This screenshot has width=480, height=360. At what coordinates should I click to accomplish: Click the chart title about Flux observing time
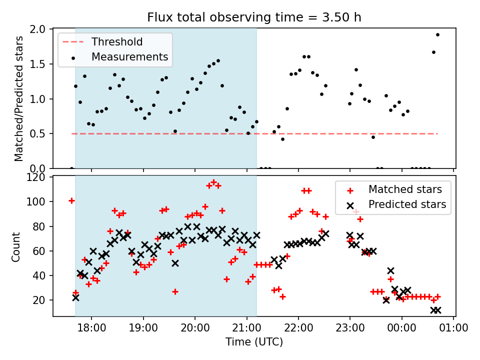pyautogui.click(x=254, y=17)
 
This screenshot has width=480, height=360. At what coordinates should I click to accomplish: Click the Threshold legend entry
pyautogui.click(x=116, y=42)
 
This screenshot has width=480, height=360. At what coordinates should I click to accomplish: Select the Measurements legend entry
pyautogui.click(x=129, y=57)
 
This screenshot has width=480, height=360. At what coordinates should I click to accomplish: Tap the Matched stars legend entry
pyautogui.click(x=405, y=189)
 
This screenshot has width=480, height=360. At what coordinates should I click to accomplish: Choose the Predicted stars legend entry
pyautogui.click(x=407, y=204)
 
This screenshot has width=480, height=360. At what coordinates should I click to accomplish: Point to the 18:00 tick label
pyautogui.click(x=92, y=328)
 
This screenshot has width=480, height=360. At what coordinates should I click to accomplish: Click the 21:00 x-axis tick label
pyautogui.click(x=247, y=328)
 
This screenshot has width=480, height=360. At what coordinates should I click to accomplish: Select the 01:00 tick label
pyautogui.click(x=453, y=328)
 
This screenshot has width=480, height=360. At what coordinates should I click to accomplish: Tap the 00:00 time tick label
pyautogui.click(x=402, y=328)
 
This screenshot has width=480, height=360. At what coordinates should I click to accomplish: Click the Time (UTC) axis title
pyautogui.click(x=254, y=342)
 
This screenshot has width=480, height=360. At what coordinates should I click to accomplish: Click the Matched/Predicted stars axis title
pyautogui.click(x=19, y=98)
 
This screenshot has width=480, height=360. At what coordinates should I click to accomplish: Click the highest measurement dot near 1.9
pyautogui.click(x=437, y=35)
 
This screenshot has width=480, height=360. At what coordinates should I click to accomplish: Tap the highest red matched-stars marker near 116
pyautogui.click(x=213, y=182)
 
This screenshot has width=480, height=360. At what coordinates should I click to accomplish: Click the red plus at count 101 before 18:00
pyautogui.click(x=71, y=201)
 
